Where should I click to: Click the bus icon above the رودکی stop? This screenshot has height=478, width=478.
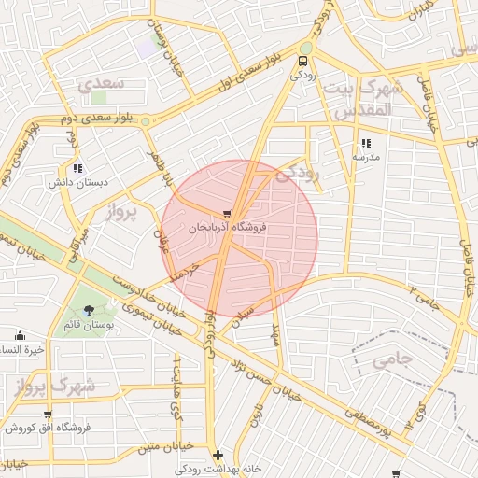click(302, 62)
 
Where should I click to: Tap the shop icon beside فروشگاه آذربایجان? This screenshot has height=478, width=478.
click(229, 213)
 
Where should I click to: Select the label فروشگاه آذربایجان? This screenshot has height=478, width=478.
click(229, 227)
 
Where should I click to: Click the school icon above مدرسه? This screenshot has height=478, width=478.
click(366, 144)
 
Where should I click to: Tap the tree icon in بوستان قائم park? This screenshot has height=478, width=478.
click(89, 310)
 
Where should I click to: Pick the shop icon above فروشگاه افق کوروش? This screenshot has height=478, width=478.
click(48, 415)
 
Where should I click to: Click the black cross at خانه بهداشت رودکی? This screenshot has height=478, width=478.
click(218, 456)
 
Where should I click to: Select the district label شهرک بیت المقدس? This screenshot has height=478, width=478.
click(358, 98)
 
